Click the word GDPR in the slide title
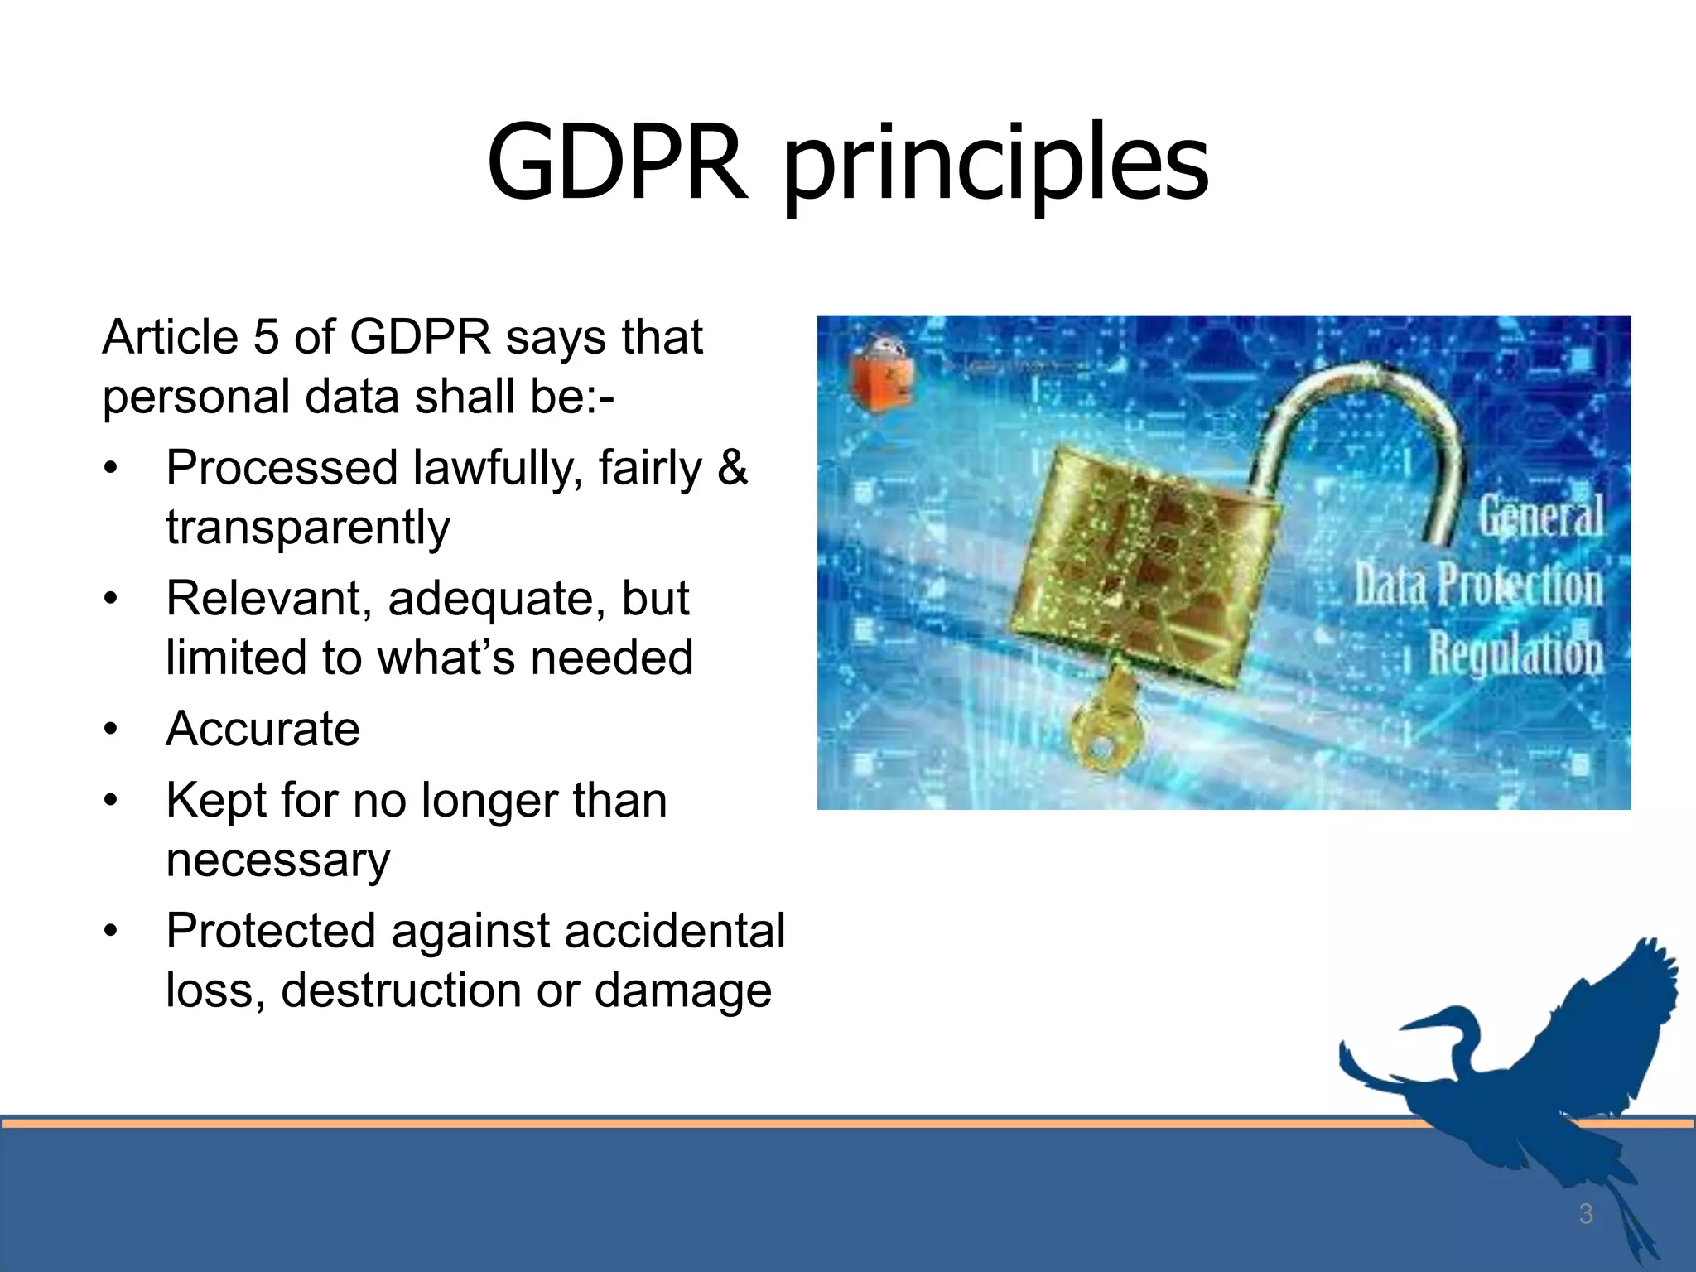point(617,162)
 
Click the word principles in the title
point(995,166)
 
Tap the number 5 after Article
point(265,337)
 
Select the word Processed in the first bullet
point(282,469)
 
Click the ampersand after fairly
point(732,467)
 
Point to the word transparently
point(308,528)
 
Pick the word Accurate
point(263,729)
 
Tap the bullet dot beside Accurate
point(111,730)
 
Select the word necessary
point(277,860)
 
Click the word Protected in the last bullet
point(271,931)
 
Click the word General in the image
point(1540,516)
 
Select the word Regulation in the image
point(1515,653)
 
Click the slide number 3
point(1585,1214)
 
